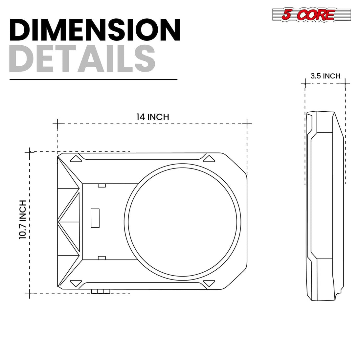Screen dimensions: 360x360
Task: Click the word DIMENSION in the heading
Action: (95, 30)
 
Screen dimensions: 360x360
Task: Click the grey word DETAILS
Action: (82, 59)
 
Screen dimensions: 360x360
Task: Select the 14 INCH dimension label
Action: (152, 117)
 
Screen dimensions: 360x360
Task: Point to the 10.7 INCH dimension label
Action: (22, 219)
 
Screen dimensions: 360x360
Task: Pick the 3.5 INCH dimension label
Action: (325, 76)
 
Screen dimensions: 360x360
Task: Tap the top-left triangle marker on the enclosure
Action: (76, 159)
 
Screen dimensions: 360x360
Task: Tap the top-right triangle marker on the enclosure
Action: (208, 159)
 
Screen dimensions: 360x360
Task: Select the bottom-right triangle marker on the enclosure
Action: (208, 282)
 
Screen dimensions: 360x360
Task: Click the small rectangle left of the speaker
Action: (95, 217)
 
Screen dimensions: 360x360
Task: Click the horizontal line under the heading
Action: (93, 79)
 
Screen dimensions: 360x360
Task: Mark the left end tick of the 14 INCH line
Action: (57, 124)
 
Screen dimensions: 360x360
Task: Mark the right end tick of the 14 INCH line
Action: (247, 124)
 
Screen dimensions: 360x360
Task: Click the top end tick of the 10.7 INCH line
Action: (30, 152)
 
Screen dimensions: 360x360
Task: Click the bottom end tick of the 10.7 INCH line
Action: (30, 294)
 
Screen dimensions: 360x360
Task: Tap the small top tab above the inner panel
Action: (102, 185)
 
